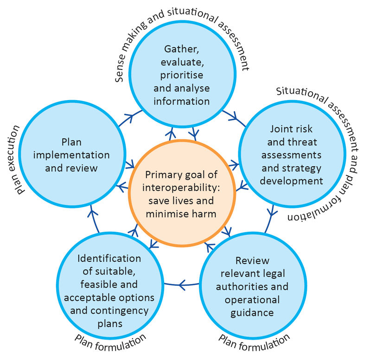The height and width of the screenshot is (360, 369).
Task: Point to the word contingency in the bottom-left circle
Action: (x=124, y=310)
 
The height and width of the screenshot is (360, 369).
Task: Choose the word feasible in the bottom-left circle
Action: (x=100, y=284)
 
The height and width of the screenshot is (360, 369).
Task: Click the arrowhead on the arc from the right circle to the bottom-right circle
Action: (x=273, y=212)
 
